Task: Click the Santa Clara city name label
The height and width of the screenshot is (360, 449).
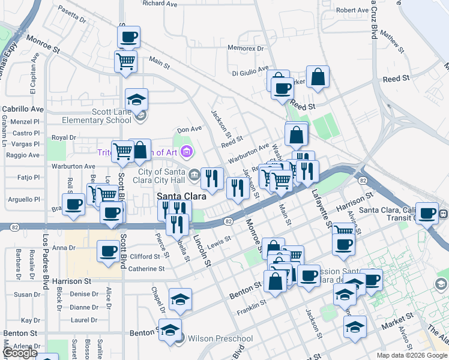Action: click(181, 196)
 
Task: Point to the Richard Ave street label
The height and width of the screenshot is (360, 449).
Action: click(160, 4)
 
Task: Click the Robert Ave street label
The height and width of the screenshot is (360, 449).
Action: click(352, 10)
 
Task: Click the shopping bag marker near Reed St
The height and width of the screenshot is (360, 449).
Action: click(318, 76)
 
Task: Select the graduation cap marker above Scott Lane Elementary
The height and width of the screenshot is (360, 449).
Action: click(136, 99)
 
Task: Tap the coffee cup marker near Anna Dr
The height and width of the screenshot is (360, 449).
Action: click(108, 251)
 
